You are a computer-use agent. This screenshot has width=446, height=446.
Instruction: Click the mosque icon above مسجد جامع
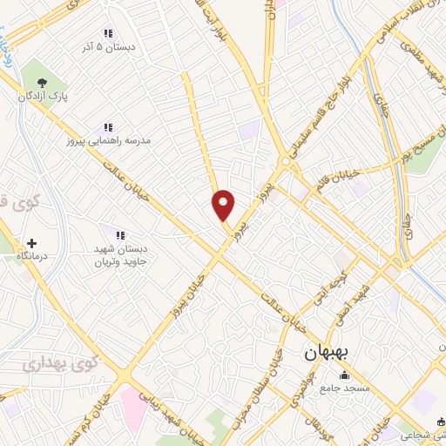[x=343, y=375]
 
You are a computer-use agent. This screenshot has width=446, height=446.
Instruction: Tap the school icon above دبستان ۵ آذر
[x=108, y=33]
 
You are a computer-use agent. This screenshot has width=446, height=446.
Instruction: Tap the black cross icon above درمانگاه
[x=33, y=243]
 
